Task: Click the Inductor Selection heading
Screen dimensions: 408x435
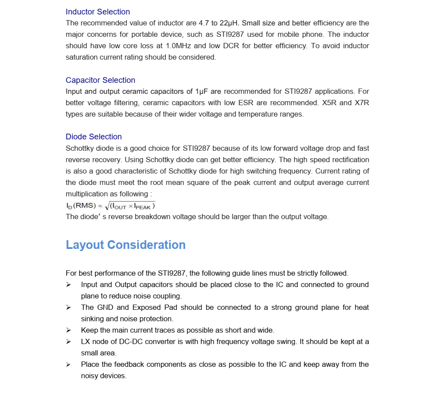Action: click(97, 12)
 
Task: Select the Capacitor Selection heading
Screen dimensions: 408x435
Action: click(100, 80)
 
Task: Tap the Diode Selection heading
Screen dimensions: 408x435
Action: click(93, 137)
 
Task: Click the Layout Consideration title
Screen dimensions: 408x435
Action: click(126, 245)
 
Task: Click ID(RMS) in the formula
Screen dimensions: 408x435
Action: click(81, 206)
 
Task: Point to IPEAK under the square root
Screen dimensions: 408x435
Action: click(143, 206)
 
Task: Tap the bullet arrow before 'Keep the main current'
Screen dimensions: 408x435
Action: click(68, 330)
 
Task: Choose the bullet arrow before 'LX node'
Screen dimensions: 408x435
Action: click(68, 342)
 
